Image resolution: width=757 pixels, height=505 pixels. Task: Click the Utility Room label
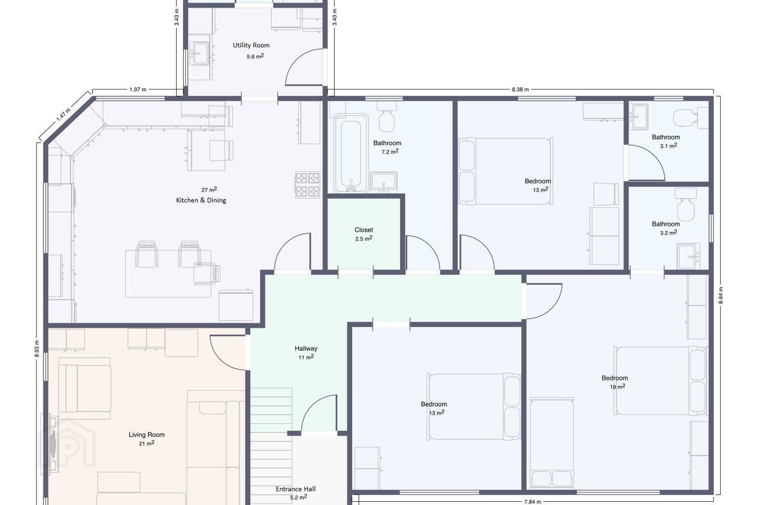[251, 45]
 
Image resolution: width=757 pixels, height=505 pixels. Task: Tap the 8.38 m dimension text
[520, 89]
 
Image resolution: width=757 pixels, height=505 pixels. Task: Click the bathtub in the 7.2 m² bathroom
[351, 153]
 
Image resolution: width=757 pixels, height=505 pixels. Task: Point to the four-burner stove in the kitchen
[307, 185]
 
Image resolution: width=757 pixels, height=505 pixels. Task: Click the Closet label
[364, 230]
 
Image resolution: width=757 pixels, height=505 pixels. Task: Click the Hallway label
[306, 348]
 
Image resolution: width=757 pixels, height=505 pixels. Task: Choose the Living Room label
[147, 435]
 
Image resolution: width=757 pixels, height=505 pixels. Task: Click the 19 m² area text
[617, 387]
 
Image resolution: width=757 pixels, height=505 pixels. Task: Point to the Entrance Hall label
[295, 489]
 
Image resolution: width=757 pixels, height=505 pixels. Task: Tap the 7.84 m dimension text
[533, 502]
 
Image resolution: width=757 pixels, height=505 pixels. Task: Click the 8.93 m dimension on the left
[37, 348]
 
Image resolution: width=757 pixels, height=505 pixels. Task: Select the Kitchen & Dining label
[201, 200]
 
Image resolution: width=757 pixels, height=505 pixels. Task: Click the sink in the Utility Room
[201, 54]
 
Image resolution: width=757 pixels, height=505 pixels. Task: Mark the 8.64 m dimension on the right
[720, 295]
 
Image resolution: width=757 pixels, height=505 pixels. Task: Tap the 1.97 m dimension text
[138, 89]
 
